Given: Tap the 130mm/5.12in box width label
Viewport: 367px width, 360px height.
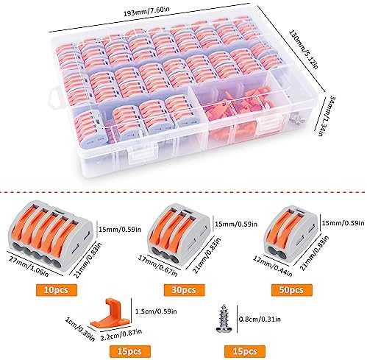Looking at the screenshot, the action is [304, 49].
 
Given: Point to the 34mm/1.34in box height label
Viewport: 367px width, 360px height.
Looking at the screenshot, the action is [327, 116].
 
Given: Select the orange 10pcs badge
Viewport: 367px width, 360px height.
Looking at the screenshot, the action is [56, 290].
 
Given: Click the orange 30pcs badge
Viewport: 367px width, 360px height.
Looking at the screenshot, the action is [184, 290].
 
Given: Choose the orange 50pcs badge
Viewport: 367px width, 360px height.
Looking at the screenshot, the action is [291, 290].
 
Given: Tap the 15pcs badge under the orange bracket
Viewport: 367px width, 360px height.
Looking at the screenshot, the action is [129, 351].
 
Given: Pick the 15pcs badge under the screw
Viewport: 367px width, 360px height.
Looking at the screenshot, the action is [245, 351].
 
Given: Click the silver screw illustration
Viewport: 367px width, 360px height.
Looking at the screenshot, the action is [222, 319].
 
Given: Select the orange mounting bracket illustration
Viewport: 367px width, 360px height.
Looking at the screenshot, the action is [110, 314].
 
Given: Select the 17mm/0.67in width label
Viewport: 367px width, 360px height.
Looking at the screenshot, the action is [157, 265].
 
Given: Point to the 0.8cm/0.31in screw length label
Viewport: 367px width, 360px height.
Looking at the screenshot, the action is [260, 319].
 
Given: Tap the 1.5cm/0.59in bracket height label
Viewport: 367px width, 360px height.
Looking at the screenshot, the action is [156, 311].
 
